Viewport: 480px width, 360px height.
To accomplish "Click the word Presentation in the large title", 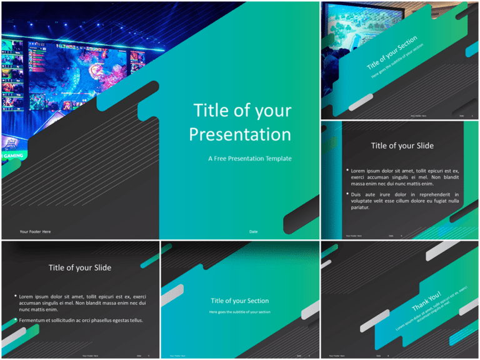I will coord(240,135).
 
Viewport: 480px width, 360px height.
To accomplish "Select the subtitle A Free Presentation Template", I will coord(249,159).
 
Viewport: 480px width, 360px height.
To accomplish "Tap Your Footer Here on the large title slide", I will coord(35,232).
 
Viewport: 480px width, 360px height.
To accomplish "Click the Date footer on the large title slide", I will coord(253,232).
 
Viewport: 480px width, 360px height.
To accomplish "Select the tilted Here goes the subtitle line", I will coord(397,61).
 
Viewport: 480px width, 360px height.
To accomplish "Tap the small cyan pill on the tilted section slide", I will coord(471,50).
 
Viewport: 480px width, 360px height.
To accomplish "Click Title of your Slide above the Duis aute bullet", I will coord(402,146).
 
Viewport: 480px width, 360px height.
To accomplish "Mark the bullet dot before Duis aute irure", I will coord(347,194).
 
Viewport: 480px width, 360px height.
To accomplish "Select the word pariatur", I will coord(361,208).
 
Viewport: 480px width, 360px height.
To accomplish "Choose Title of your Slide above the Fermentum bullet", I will coord(80,267).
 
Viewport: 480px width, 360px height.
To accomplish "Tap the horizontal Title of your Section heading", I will coord(239,301).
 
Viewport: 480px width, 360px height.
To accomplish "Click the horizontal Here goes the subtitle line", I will coord(239,311).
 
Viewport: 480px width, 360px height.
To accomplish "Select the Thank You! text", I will coord(426,301).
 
